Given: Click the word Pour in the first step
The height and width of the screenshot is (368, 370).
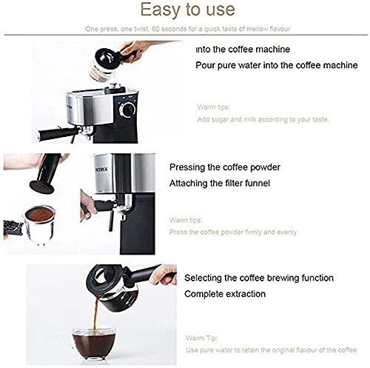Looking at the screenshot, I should pyautogui.click(x=207, y=65).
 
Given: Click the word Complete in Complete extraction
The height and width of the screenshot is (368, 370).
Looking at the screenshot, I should pyautogui.click(x=204, y=294).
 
